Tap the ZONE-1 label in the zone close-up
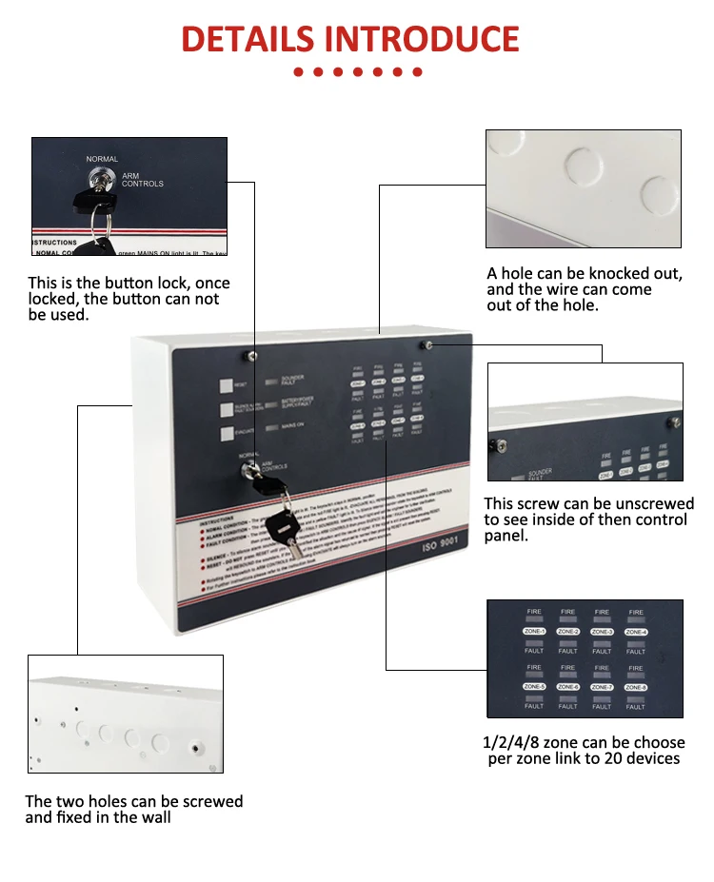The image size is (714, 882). (534, 632)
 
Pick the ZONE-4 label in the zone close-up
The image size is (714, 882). (636, 632)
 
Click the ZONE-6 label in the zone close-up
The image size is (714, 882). (568, 686)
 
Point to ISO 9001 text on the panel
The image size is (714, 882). (441, 549)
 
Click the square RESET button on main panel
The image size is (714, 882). (227, 386)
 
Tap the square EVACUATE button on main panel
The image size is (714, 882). (227, 434)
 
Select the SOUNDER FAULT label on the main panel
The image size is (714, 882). (293, 381)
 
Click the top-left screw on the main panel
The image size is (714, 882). (251, 356)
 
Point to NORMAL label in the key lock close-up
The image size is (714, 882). (102, 159)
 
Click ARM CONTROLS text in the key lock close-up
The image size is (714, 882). (142, 180)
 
